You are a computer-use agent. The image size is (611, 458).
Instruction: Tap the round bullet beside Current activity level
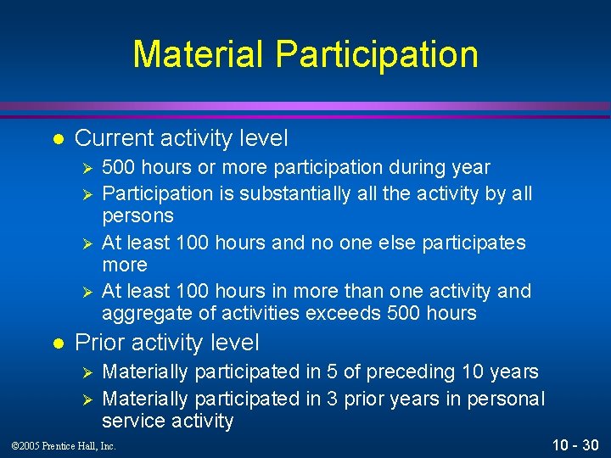(x=56, y=138)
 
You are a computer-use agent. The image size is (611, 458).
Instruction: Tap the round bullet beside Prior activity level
(x=56, y=343)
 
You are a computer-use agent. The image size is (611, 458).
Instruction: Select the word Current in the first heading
(x=114, y=137)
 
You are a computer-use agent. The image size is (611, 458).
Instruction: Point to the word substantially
(x=294, y=193)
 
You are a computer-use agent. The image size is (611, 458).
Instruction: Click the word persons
(x=137, y=216)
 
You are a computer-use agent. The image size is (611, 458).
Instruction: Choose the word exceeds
(x=350, y=314)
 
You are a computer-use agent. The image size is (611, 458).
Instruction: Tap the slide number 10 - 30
(x=575, y=444)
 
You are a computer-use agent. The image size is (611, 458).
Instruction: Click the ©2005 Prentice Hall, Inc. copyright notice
(x=63, y=446)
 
